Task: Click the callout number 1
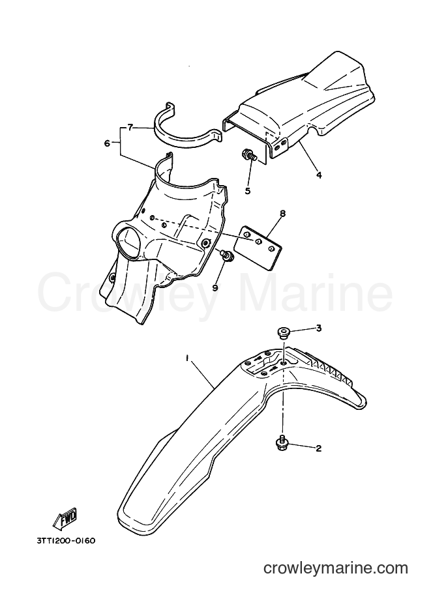(x=187, y=358)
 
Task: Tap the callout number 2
(x=319, y=448)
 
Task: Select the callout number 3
(x=319, y=328)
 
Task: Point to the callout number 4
(x=319, y=175)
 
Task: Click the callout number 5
(x=248, y=191)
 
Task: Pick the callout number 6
(x=107, y=143)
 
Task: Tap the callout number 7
(x=130, y=128)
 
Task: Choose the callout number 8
(x=282, y=214)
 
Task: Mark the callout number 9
(x=215, y=287)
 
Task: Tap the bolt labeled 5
(x=248, y=156)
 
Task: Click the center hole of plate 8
(x=258, y=241)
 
